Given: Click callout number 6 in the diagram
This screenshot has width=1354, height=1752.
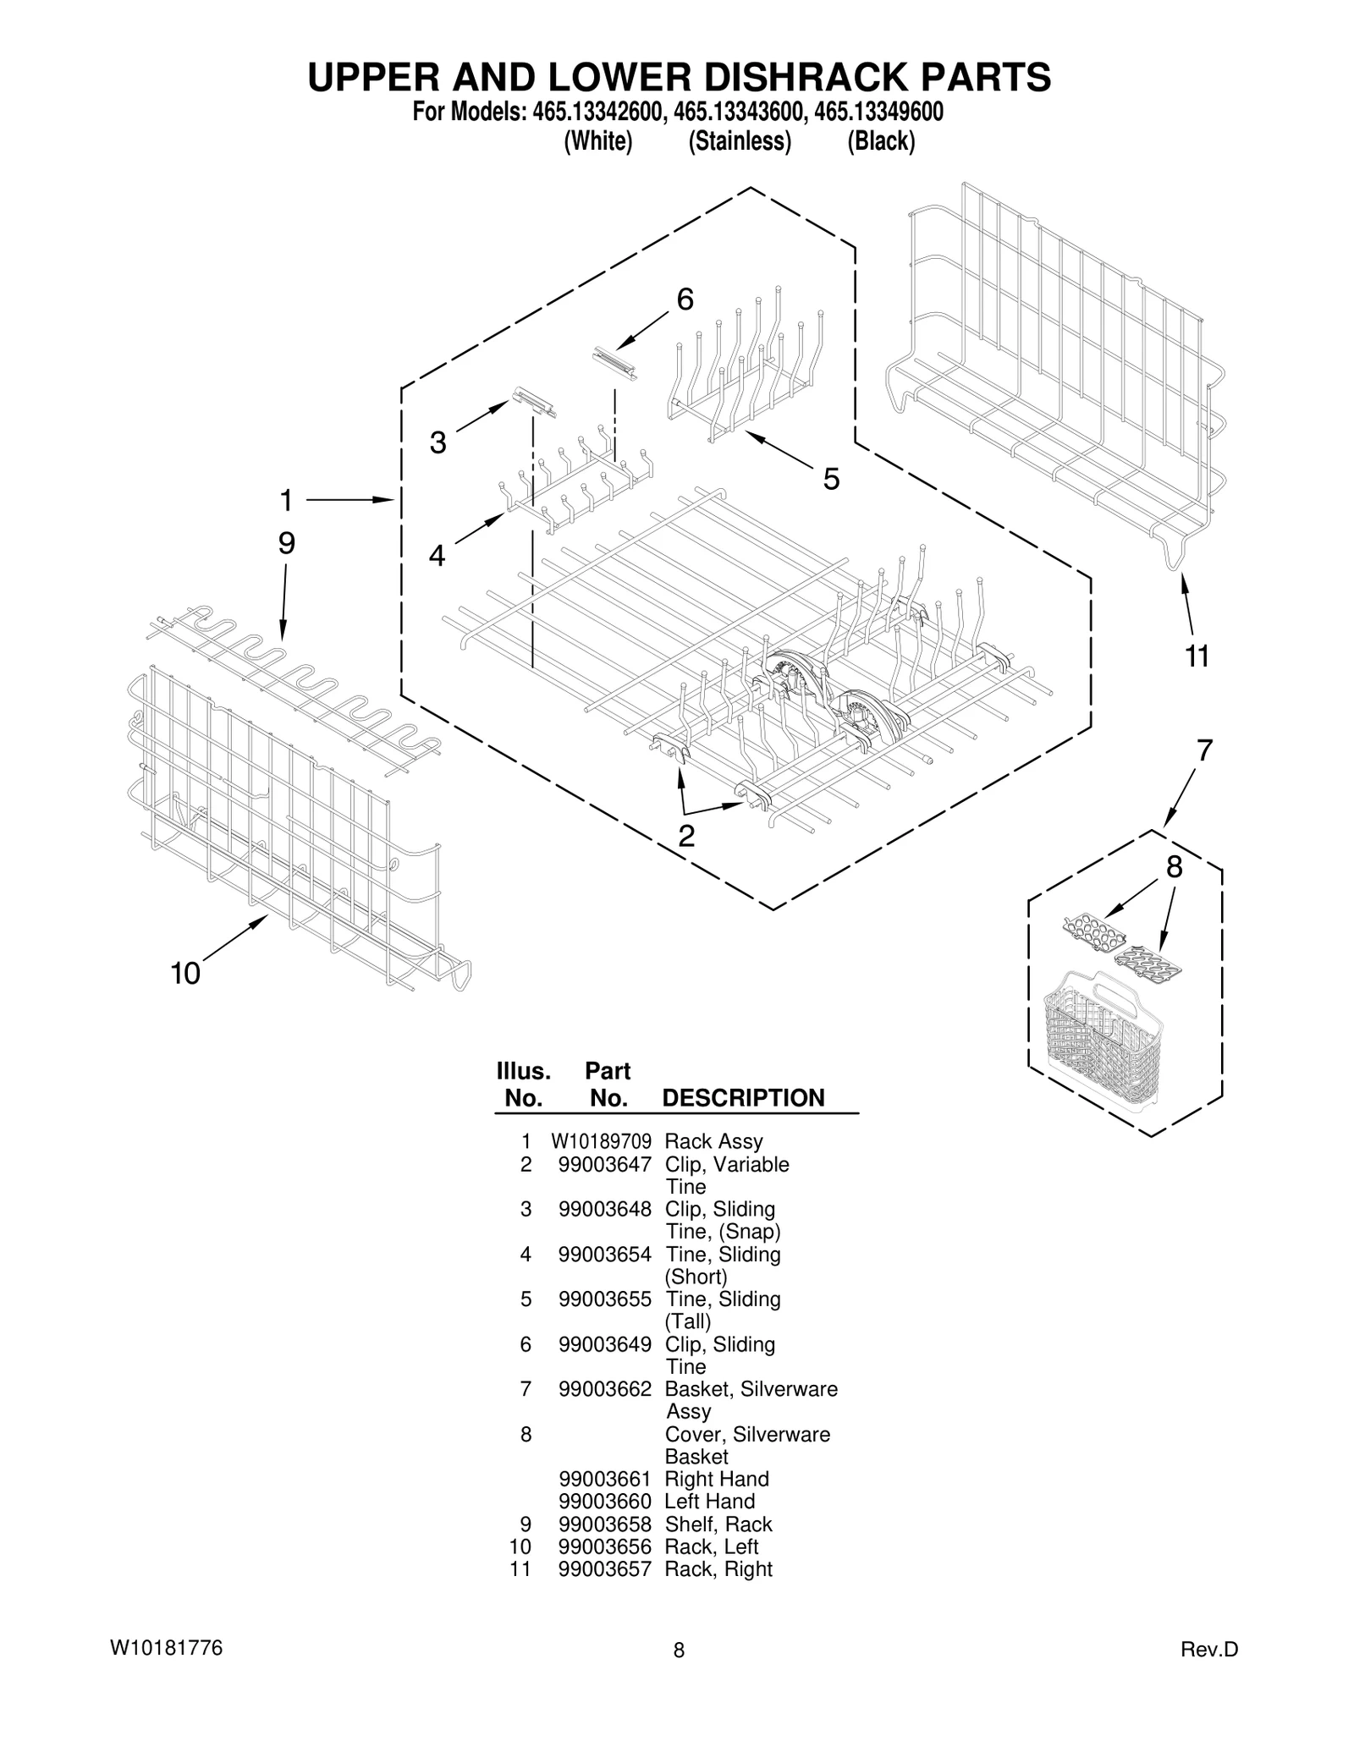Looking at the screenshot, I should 685,299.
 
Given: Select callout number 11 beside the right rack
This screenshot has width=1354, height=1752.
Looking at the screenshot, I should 1197,656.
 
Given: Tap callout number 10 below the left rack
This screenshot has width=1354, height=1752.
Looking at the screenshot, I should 185,974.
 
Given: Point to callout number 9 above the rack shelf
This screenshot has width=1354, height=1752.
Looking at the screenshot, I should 287,543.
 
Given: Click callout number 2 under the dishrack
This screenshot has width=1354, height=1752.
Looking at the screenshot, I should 686,836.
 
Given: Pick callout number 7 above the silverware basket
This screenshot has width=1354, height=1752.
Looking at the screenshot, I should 1204,750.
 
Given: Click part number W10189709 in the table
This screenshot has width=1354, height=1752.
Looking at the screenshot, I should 601,1142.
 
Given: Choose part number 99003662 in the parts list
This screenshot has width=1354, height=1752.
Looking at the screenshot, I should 604,1389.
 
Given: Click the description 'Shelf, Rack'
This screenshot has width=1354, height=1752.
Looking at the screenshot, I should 718,1524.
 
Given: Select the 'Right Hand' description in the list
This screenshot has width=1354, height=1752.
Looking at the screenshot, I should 717,1480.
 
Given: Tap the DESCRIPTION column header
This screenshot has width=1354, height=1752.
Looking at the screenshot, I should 743,1098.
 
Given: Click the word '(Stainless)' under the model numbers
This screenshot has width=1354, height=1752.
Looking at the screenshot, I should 740,141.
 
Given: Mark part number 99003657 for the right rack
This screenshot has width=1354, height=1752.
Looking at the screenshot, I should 604,1569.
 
